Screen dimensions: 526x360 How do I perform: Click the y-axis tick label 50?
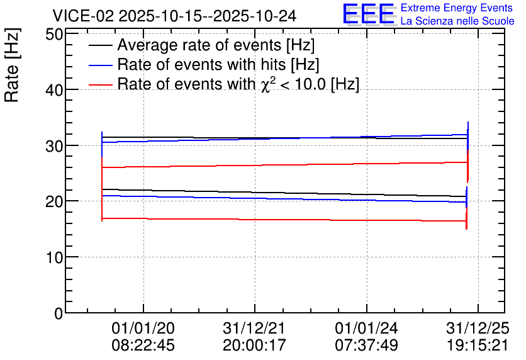coord(53,34)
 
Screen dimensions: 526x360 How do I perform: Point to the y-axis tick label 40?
coord(53,90)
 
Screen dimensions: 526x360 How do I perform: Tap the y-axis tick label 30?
coord(53,145)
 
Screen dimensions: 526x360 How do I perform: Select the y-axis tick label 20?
coord(53,201)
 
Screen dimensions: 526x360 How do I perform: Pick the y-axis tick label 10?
coord(53,257)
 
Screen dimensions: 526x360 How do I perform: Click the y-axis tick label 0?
coord(59,313)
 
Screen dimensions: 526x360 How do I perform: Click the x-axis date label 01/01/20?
coord(143,328)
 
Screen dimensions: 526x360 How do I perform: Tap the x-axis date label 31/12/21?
coord(255,328)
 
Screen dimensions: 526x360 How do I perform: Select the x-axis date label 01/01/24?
coord(366,328)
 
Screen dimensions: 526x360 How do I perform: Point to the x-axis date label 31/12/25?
coord(478,328)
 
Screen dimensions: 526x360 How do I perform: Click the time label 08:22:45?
coord(143,345)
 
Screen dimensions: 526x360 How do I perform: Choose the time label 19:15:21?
coord(478,345)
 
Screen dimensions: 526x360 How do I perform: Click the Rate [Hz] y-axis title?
coord(12,65)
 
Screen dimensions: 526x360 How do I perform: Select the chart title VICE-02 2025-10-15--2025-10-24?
coord(174,16)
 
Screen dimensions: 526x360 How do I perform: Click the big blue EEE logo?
coord(369,14)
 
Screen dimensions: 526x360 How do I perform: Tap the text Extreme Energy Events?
coord(457,8)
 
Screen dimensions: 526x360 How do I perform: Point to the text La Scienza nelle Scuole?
coord(457,21)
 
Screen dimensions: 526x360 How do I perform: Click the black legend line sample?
coord(100,45)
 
